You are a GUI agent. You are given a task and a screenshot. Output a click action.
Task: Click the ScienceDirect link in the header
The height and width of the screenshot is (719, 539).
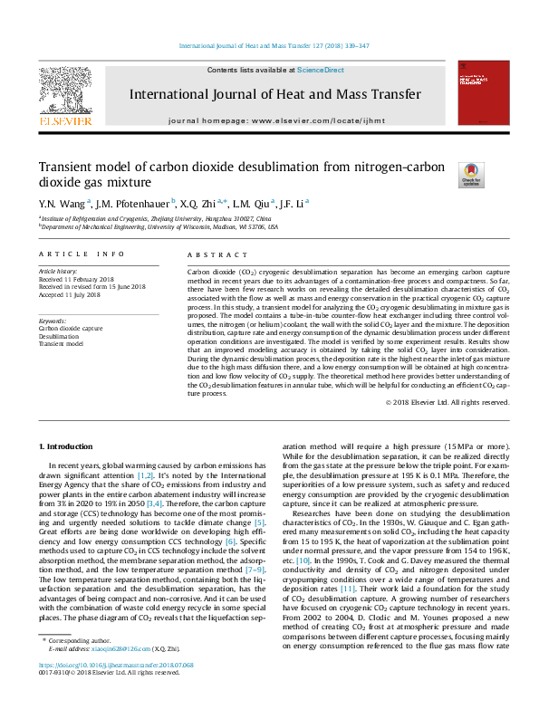point(315,70)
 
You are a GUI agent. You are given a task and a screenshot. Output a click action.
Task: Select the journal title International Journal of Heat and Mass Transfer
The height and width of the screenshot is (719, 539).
point(274,94)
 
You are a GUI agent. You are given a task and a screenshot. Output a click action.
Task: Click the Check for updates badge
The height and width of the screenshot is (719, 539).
point(447,173)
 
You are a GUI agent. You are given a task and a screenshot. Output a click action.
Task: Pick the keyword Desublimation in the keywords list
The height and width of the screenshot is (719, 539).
point(58,336)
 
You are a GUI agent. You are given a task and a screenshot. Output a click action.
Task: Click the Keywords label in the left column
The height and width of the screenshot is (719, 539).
point(53,321)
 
